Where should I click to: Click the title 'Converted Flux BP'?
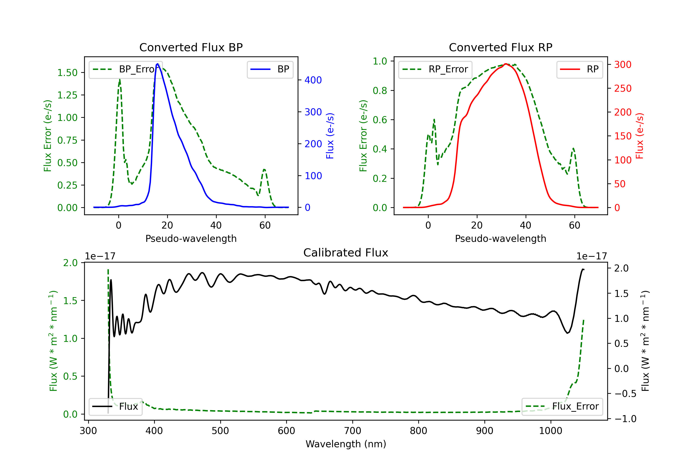191,47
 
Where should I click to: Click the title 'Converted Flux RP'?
500,47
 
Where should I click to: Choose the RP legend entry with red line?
579,69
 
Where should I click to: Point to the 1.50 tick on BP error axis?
67,73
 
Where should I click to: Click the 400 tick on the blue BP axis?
313,80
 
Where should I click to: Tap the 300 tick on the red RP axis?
623,65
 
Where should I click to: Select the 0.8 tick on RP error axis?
380,90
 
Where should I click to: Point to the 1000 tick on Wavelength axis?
550,431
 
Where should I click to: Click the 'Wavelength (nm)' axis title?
346,444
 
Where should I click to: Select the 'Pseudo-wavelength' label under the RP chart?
500,238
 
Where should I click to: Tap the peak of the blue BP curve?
157,64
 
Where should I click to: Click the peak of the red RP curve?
506,64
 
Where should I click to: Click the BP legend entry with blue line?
270,69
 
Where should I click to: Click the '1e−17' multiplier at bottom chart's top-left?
100,256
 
